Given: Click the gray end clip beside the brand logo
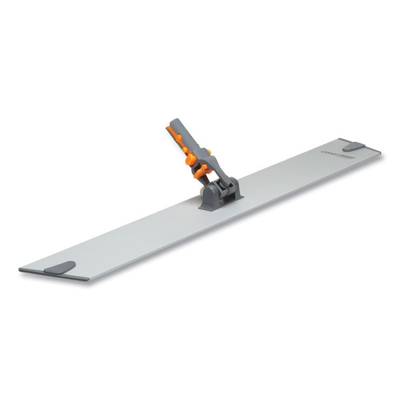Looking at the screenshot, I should (353, 146).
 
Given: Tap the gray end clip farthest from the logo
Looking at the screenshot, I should (61, 267).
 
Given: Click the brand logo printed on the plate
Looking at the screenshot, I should (331, 152).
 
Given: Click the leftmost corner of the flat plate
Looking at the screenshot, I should (20, 270).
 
